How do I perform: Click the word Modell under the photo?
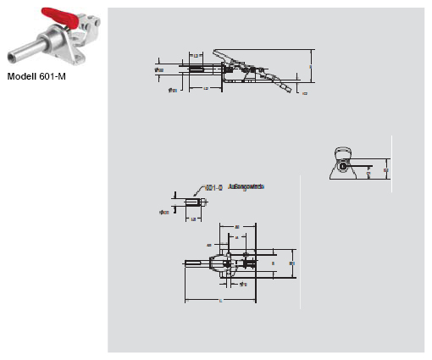click(25, 76)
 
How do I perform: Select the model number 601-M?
click(53, 76)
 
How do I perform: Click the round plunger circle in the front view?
click(343, 165)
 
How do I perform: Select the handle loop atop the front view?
click(343, 152)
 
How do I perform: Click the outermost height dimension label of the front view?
click(386, 169)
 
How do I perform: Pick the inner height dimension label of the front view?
click(369, 170)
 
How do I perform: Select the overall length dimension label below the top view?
click(222, 302)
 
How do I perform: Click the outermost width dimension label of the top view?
click(292, 264)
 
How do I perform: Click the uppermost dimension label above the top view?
click(238, 226)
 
